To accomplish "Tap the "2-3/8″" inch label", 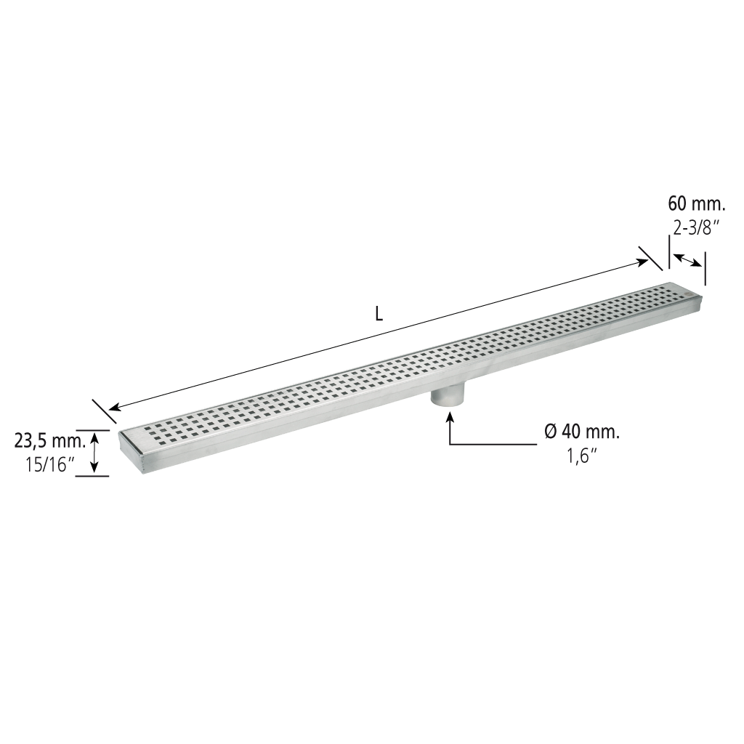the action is (x=693, y=229).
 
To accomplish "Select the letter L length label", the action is (x=379, y=315).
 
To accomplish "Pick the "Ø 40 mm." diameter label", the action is (x=582, y=432).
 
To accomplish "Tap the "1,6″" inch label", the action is (x=582, y=458).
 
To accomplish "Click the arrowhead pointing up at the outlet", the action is (x=450, y=418).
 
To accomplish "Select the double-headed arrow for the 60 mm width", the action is (x=687, y=261).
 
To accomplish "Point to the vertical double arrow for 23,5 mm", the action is (x=95, y=452).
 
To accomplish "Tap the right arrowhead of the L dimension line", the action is (x=643, y=262).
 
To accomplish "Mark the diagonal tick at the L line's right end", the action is (x=650, y=259).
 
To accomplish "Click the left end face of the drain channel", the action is (x=129, y=445).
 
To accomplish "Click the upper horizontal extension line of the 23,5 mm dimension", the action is (x=92, y=430).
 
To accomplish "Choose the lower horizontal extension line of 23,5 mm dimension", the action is (x=92, y=476).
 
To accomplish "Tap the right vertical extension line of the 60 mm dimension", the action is (x=705, y=269).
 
